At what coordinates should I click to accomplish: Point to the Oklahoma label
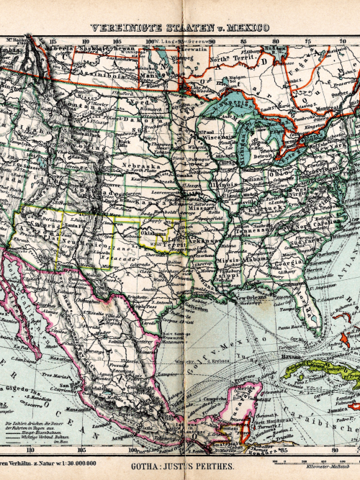click(x=153, y=233)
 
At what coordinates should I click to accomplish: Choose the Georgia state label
click(x=287, y=263)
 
